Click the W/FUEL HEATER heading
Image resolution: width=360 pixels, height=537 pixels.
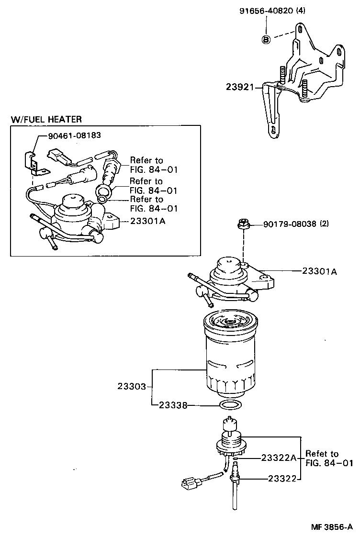point(46,119)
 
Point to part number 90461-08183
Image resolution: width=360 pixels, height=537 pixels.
point(74,135)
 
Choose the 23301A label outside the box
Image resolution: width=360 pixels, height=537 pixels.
point(319,271)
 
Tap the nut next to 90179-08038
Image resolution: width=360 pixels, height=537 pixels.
point(243,223)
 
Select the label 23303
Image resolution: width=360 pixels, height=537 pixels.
point(132,386)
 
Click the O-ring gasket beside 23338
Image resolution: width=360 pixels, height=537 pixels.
point(229,406)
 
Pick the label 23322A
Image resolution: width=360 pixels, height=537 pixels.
point(279,458)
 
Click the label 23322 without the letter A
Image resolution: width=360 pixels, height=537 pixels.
point(282,478)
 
